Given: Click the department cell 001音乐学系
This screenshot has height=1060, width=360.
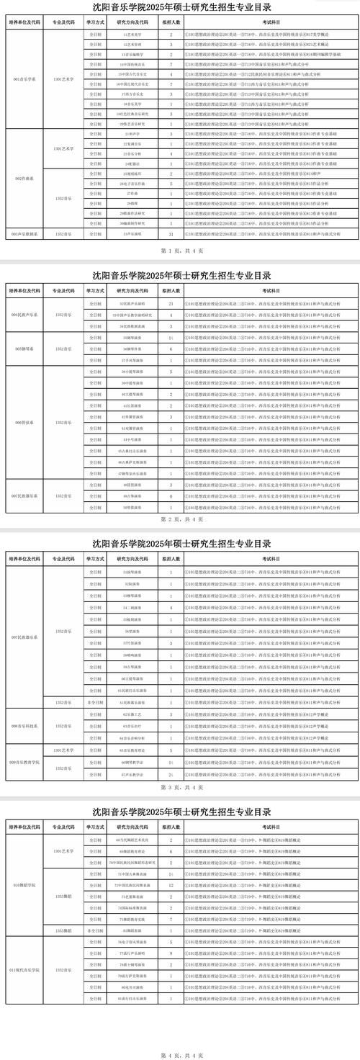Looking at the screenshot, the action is [22, 79].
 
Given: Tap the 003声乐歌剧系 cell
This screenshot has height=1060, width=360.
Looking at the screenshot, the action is [22, 233].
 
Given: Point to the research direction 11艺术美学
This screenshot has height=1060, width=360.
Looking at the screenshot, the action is [132, 35].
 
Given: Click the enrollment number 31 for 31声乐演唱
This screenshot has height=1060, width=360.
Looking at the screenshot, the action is [171, 233].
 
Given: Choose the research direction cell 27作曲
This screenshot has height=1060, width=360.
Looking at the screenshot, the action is [132, 194].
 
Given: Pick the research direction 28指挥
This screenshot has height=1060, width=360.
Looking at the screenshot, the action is [132, 204].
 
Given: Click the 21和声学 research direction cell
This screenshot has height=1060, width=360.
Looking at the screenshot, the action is [132, 134].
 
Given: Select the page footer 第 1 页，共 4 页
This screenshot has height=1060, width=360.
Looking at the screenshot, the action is [180, 251].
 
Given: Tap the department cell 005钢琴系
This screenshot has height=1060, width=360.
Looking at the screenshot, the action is [22, 349].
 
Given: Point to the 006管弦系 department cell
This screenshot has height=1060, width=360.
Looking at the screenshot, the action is [22, 422].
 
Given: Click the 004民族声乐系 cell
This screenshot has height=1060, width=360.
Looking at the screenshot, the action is [22, 315].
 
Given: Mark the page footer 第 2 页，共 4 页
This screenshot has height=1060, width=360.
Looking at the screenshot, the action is [180, 518].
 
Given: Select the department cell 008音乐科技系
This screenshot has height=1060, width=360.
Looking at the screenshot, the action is [22, 726].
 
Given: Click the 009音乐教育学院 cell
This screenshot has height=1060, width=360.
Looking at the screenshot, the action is [22, 762].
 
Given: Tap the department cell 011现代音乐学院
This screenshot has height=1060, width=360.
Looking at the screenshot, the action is [22, 970].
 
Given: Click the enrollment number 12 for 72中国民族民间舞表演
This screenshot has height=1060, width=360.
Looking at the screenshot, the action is [171, 884].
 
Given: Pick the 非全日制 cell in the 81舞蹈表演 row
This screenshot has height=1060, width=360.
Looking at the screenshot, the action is [95, 930].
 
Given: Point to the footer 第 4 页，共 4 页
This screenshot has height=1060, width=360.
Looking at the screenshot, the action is [180, 1055].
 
